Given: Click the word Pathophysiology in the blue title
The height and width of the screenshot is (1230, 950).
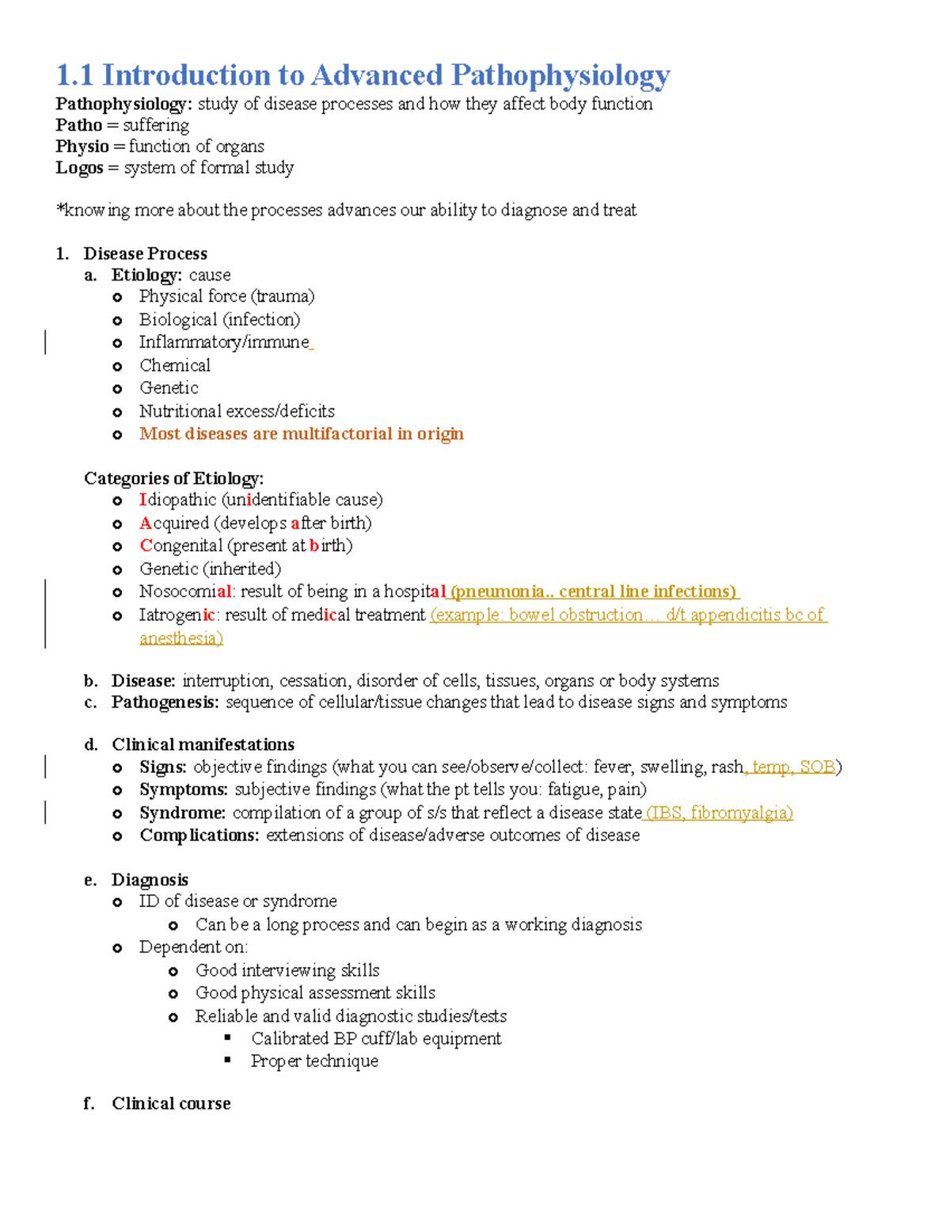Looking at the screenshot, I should [560, 76].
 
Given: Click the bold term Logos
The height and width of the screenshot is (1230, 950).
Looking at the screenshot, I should [79, 168].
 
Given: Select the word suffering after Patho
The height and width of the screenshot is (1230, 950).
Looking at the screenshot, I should [156, 125].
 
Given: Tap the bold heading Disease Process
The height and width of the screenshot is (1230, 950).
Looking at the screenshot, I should [145, 253].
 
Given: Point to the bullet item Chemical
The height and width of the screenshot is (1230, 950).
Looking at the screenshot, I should [175, 365].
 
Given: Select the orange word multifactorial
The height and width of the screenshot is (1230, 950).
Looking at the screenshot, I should [337, 434].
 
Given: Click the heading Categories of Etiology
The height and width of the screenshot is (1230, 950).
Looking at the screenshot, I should [173, 478].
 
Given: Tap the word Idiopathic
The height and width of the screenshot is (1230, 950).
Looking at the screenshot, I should [177, 500].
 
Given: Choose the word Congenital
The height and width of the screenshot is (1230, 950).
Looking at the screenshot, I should [181, 546].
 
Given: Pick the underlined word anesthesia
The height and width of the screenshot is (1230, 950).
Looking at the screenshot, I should [180, 638].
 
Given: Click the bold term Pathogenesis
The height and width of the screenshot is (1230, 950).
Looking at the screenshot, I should [165, 703].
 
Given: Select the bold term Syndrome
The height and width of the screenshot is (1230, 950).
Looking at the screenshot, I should [182, 813].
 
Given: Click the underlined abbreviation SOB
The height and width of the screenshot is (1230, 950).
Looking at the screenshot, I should [817, 767].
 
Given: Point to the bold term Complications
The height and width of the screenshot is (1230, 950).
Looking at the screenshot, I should [199, 836].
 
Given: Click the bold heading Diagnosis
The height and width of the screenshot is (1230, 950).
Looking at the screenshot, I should [150, 880].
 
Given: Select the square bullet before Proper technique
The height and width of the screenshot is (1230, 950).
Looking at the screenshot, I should [228, 1060].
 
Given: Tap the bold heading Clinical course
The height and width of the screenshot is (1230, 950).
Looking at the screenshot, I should [171, 1103].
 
